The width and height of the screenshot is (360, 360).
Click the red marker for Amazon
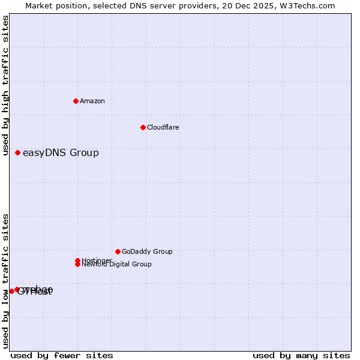(76, 101)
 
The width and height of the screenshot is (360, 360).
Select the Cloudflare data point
(143, 127)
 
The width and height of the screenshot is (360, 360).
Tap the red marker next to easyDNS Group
(18, 153)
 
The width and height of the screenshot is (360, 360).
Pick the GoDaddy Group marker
(118, 251)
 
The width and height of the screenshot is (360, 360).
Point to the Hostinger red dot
(78, 260)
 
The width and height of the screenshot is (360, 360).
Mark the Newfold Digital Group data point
(78, 264)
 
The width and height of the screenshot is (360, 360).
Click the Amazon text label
(92, 101)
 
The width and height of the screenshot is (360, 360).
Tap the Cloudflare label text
(163, 127)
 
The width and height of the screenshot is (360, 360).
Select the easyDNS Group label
(61, 153)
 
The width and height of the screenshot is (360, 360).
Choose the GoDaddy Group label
(147, 251)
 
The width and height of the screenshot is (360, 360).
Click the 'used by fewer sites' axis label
(62, 355)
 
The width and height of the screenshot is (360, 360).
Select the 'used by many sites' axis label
(301, 355)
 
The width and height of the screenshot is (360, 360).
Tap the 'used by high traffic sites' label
(5, 85)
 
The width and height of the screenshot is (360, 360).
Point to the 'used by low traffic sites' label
(5, 281)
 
